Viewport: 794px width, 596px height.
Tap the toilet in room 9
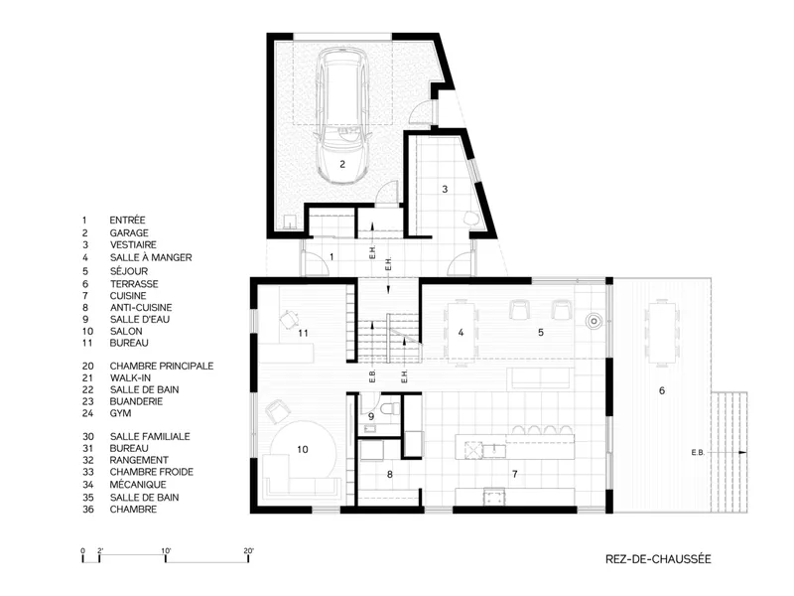coord(390,408)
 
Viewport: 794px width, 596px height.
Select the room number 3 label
coord(445,190)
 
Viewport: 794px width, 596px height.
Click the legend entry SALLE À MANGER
coord(151,257)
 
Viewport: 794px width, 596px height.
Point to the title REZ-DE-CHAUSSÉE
coord(658,559)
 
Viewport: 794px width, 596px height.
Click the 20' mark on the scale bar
coord(248,551)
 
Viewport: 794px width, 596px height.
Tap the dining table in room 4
coord(461,332)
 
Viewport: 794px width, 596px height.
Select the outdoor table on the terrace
coord(662,332)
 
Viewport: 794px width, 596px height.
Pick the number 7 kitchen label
coord(515,475)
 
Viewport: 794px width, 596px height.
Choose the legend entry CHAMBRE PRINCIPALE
coord(162,366)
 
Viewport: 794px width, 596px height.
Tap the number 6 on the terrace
coord(662,390)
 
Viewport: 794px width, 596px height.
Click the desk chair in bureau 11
coord(289,319)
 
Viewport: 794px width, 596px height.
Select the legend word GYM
coord(120,413)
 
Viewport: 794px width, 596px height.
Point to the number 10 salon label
coord(303,450)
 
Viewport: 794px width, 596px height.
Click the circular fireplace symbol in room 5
coord(594,321)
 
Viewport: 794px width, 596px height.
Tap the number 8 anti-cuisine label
coord(389,475)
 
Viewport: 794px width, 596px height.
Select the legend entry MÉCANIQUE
coord(138,485)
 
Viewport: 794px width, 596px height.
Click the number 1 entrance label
coord(331,257)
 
